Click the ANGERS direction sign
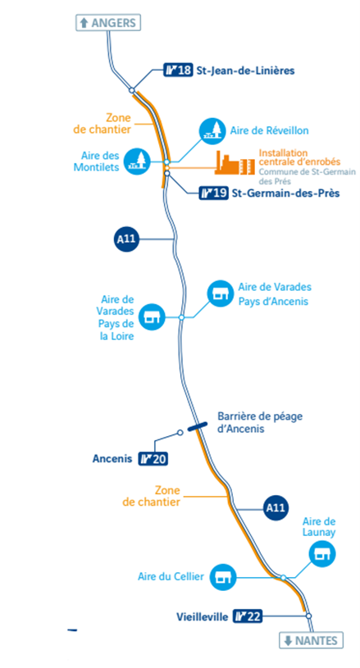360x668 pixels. pos(108,23)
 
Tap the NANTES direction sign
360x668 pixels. pos(311,640)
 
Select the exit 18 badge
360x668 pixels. pos(179,70)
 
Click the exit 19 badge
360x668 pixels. pos(214,193)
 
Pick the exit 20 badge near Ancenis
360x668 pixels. pos(153,459)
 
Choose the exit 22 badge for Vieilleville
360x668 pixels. pos(248,616)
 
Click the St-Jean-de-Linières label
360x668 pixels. pos(245,70)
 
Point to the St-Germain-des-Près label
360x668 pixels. pos(286,193)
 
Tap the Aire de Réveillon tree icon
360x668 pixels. pos(212,130)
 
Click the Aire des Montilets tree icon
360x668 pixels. pos(137,161)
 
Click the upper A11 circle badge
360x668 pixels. pos(126,239)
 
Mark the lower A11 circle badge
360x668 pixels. pos(276,508)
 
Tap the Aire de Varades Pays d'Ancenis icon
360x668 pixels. pos(220,293)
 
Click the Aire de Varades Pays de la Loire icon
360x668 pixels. pos(152,317)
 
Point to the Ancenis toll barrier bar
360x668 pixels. pos(198,425)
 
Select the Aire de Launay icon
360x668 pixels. pos(322,554)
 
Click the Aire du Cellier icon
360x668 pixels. pos(222,577)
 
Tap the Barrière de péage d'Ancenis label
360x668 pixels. pos(260,422)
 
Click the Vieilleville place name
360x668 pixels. pos(203,616)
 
